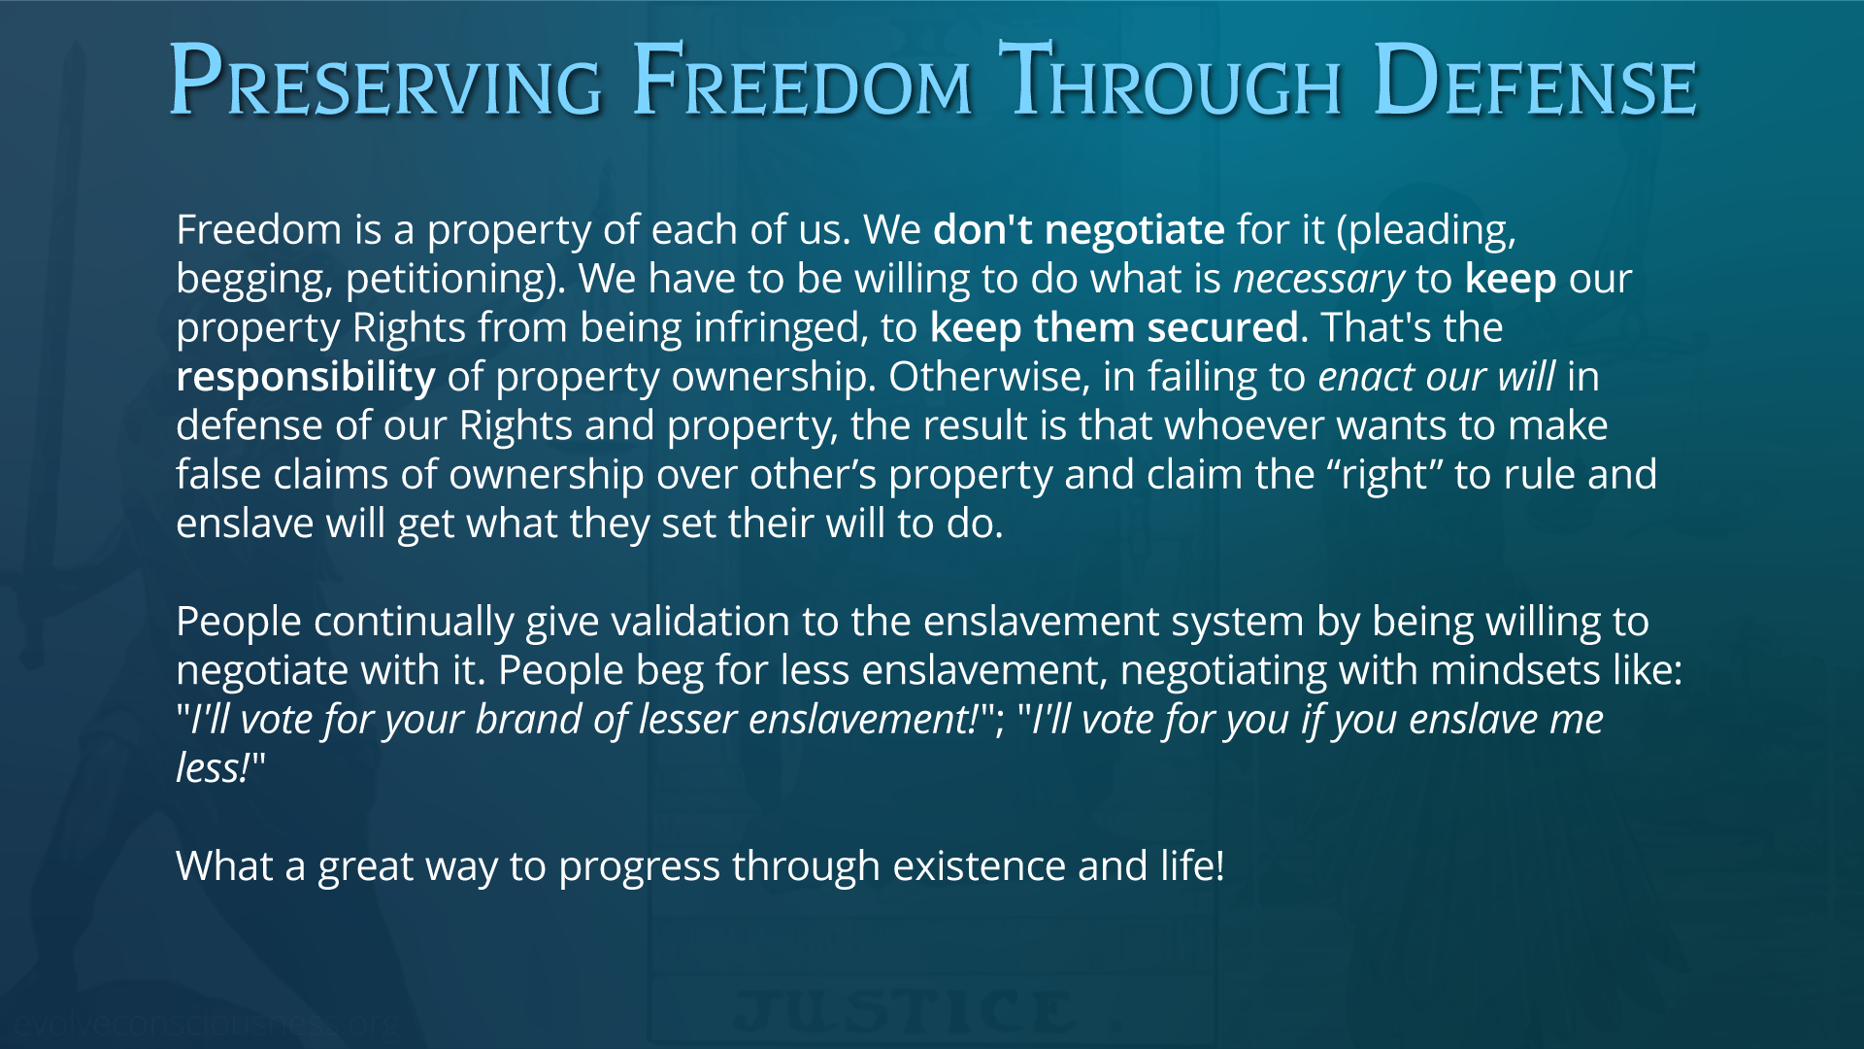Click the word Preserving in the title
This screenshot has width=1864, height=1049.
(385, 82)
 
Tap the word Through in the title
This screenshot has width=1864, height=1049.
(1170, 82)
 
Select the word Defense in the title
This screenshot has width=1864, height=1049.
(1536, 82)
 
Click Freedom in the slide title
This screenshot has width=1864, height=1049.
(802, 82)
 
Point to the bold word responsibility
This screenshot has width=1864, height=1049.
(306, 378)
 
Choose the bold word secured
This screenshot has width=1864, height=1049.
(1223, 328)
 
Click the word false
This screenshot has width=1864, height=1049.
(218, 474)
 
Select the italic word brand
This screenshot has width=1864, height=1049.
(528, 720)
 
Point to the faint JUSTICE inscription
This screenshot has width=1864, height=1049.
(904, 1012)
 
